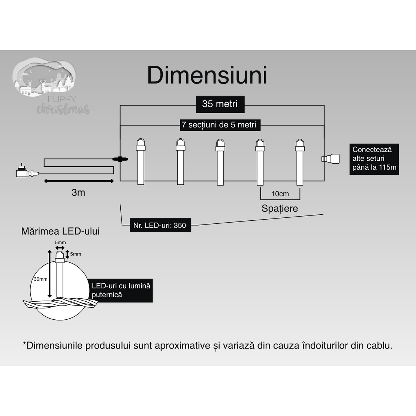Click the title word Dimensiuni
point(207,75)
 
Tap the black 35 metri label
point(220,104)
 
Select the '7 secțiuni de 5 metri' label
point(219,125)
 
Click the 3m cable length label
point(78,193)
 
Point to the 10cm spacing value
point(280,194)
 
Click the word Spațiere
point(280,208)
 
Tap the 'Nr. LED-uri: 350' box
point(160,226)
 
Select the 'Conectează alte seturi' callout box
point(374,159)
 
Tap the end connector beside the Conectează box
point(331,159)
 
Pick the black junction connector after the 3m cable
point(121,159)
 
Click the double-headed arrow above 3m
point(79,181)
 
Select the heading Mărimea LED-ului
point(60,231)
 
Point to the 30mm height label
point(40,279)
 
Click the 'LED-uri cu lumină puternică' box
point(121,290)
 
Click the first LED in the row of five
point(141,162)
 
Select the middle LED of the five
point(220,162)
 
